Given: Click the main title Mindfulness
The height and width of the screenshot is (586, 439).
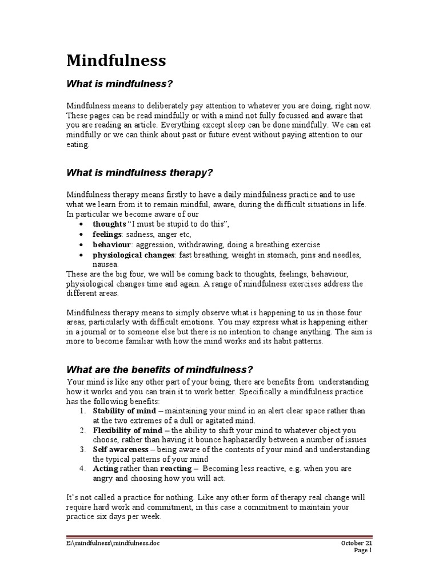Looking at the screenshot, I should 117,60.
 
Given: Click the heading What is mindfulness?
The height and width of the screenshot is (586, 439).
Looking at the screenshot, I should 119,84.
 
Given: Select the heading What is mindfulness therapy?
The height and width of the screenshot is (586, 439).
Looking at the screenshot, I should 141,172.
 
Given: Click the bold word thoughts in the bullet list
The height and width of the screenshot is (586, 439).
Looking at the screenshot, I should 109,223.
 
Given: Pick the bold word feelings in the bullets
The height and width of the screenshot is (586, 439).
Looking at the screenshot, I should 107,234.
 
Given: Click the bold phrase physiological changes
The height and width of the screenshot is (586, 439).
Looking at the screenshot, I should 134,255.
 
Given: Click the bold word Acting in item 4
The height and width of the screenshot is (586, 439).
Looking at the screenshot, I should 106,468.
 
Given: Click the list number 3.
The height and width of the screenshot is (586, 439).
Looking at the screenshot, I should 83,450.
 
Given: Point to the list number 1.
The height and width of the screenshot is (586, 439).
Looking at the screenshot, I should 83,411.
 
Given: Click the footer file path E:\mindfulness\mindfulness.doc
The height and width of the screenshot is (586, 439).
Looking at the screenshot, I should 113,542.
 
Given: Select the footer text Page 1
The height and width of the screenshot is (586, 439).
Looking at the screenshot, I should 363,551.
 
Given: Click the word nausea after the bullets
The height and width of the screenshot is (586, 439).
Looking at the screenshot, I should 106,264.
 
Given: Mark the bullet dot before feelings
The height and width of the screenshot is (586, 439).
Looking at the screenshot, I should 83,234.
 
